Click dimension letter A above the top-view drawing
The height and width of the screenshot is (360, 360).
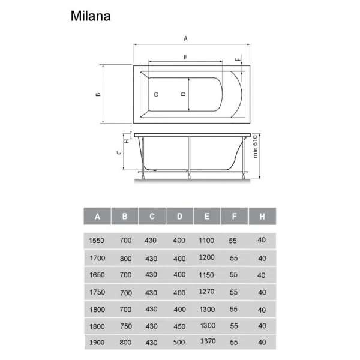click(x=186, y=39)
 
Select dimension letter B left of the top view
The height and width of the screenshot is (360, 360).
click(x=97, y=94)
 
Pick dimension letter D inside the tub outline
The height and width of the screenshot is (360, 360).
click(x=184, y=94)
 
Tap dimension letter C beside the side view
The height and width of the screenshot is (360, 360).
click(x=119, y=152)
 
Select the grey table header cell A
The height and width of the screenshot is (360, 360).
click(x=97, y=216)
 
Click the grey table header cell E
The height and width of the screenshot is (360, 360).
click(x=206, y=216)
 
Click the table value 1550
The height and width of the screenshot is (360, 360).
click(x=97, y=241)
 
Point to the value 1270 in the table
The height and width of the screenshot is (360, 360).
click(x=206, y=292)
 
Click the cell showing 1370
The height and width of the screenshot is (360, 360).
click(x=206, y=343)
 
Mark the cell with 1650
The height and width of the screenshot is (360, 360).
click(x=97, y=275)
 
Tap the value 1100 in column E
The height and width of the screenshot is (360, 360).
click(x=206, y=241)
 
